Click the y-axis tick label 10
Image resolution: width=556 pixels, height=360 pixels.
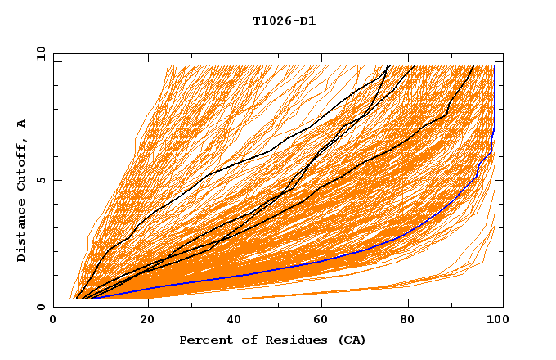coord(40,52)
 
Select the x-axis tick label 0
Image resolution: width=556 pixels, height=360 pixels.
coord(53,321)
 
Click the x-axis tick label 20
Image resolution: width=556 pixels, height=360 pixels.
coord(142,321)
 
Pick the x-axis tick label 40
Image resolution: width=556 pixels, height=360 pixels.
coord(231,321)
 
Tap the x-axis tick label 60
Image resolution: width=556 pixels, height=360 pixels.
coord(319,321)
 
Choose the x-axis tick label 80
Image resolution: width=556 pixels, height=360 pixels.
coord(407,321)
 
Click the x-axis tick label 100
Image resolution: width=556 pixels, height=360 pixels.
coord(495,321)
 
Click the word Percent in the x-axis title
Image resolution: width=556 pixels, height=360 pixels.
coord(204,340)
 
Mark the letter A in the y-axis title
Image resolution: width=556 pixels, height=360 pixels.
coord(22,123)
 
